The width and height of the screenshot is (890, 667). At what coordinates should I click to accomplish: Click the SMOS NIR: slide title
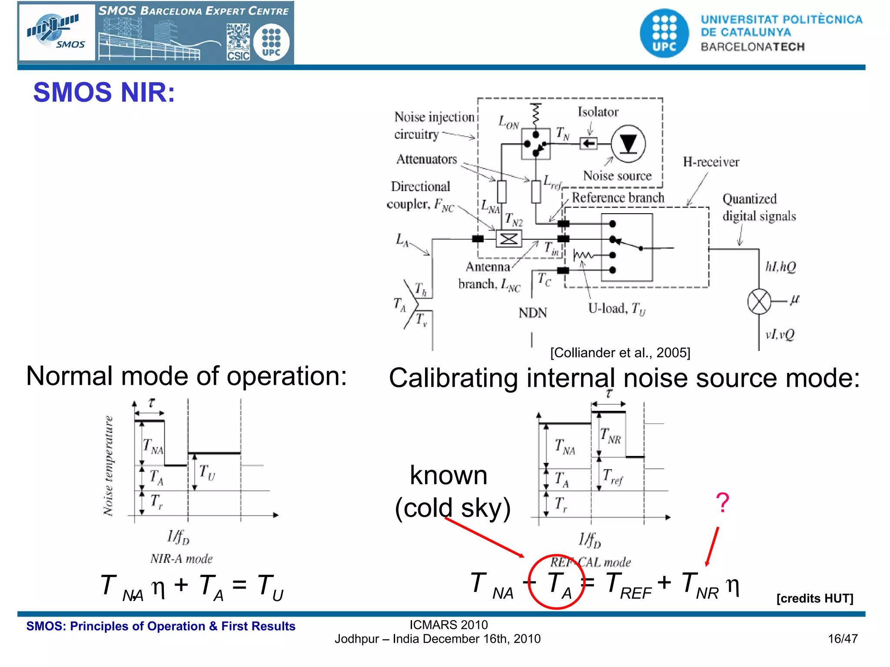click(x=104, y=92)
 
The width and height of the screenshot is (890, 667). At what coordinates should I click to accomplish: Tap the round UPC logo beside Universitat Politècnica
click(x=664, y=33)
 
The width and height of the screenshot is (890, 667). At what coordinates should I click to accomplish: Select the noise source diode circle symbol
click(x=628, y=144)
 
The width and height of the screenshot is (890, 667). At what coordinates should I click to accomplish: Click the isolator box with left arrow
click(x=588, y=143)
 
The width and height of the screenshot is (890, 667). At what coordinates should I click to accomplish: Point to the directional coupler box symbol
click(x=508, y=239)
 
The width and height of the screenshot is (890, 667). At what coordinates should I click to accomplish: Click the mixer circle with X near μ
click(x=759, y=301)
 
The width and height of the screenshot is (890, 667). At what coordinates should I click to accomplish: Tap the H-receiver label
click(x=711, y=162)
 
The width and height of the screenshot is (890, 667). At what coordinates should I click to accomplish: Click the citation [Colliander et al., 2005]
click(x=620, y=353)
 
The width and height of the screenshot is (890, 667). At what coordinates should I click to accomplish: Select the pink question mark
click(x=722, y=502)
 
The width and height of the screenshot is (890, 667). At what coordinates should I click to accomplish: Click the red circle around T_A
click(x=556, y=582)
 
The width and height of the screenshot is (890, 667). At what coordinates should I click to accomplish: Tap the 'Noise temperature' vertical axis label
click(x=108, y=466)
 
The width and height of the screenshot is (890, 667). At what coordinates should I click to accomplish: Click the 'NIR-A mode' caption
click(x=182, y=558)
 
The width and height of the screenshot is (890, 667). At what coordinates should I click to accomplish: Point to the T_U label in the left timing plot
click(x=207, y=472)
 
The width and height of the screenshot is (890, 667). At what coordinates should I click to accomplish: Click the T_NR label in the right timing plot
click(x=610, y=436)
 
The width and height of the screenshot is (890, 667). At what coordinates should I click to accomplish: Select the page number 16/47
click(x=842, y=639)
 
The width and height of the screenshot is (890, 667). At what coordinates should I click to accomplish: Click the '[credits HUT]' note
click(x=814, y=598)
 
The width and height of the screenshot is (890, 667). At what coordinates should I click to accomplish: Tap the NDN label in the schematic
click(x=533, y=313)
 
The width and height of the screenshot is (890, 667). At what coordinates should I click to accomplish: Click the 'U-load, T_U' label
click(x=617, y=308)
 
